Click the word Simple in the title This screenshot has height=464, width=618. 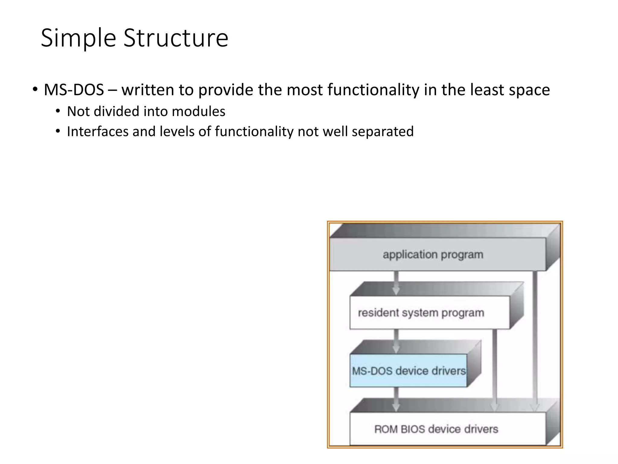78,38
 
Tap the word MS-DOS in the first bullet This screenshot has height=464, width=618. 74,90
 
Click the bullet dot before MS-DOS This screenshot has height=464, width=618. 35,89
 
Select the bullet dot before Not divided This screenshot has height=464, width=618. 58,111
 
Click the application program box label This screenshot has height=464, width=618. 433,254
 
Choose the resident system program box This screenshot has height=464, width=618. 421,313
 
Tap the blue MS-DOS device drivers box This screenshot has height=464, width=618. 408,371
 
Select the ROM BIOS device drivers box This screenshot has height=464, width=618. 436,429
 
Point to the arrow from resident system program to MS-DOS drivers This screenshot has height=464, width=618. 396,341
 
